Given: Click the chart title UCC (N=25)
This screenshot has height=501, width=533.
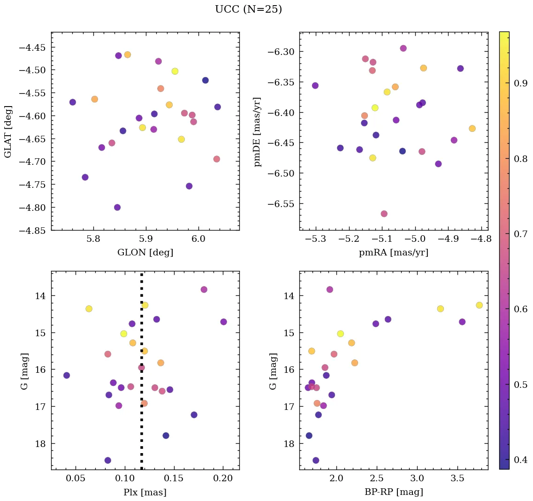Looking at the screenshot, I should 248,9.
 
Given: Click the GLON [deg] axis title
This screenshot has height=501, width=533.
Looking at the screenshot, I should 145,253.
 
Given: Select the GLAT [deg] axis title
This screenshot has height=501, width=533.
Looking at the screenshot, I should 8,131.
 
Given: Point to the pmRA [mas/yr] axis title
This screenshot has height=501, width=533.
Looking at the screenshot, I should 393,253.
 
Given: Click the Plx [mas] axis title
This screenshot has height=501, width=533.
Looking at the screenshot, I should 145,492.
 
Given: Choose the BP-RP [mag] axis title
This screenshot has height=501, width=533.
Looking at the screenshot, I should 393,492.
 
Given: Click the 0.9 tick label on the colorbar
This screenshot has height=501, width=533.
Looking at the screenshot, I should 520,83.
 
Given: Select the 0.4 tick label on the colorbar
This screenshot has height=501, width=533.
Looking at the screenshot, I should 520,459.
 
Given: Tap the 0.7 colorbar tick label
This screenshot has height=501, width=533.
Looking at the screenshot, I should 520,234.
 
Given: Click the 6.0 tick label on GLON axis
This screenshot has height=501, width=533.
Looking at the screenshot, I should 198,240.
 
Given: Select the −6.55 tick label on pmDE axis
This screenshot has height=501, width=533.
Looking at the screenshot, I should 280,204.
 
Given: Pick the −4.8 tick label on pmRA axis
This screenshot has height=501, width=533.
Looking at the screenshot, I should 481,240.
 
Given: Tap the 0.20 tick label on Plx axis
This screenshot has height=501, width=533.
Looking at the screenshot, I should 223,479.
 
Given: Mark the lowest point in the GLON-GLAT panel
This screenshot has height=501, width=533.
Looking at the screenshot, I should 117,208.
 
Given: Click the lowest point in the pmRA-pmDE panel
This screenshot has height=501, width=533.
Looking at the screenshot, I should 384,214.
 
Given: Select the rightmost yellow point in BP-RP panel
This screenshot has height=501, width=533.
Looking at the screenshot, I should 479,305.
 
